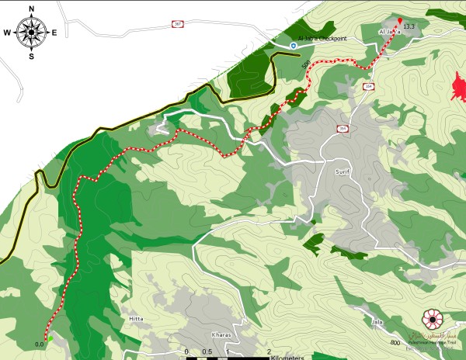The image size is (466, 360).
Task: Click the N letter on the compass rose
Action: click(31, 9)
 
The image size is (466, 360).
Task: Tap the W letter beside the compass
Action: click(7, 33)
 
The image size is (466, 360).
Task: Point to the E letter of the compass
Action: click(54, 33)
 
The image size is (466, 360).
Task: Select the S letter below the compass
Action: click(31, 56)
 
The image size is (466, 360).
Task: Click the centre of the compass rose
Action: click(31, 33)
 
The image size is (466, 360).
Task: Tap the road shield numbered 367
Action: click(178, 25)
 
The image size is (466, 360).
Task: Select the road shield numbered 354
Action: click(368, 86)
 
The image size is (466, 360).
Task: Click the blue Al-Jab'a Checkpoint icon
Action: click(294, 46)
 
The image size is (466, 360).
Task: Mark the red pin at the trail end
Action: click(400, 21)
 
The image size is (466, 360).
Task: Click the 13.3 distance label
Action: click(409, 26)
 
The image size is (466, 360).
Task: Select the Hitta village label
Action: click(131, 319)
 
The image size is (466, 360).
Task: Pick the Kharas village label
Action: click(221, 334)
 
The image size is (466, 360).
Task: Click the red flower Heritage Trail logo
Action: click(431, 318)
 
